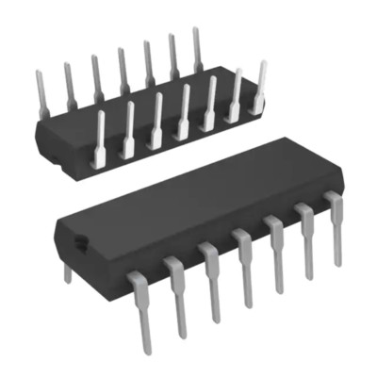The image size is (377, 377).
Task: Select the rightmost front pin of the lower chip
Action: [x=335, y=226]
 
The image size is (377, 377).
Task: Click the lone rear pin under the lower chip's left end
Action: [x=66, y=272]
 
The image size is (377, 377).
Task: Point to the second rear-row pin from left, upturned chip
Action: [x=68, y=82]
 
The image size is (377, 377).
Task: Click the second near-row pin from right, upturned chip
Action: [x=237, y=94]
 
